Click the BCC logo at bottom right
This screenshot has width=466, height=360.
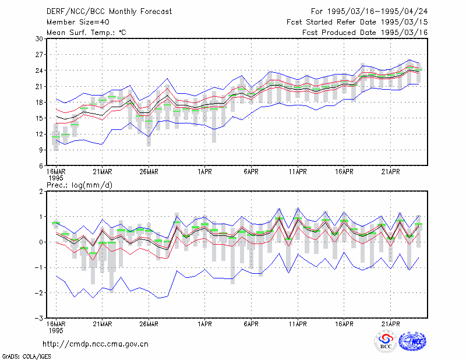386,342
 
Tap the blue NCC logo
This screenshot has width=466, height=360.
412,341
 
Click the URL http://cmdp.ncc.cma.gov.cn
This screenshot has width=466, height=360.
96,344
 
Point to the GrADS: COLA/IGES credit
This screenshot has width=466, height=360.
26,357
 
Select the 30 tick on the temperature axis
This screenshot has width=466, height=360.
39,38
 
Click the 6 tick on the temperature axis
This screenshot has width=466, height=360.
41,166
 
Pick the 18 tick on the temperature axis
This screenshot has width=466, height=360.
39,103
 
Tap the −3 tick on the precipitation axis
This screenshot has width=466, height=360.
39,319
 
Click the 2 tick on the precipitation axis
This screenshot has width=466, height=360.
41,191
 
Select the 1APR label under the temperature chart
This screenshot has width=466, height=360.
204,172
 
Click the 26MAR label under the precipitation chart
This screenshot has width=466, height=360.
149,324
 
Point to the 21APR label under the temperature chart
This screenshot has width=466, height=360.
390,172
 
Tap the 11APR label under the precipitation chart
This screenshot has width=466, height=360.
298,324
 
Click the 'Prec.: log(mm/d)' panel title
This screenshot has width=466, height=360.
79,185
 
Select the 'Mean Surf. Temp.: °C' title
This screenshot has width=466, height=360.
86,33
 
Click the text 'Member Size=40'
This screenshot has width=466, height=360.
78,22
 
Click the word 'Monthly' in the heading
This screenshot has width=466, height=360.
123,12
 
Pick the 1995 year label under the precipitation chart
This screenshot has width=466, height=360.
56,330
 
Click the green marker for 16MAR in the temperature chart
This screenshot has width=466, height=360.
56,137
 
